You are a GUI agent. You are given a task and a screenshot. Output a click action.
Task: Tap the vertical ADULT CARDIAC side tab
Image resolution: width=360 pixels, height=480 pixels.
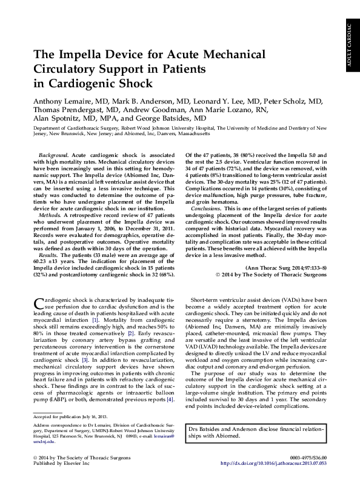tap(350, 46)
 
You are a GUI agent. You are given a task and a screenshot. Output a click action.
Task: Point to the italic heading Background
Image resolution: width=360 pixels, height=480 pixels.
tap(52, 156)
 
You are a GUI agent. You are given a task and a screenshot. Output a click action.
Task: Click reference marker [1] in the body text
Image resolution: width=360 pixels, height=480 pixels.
tap(95, 319)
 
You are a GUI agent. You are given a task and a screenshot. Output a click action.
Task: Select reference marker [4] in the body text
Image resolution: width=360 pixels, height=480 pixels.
tap(170, 399)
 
